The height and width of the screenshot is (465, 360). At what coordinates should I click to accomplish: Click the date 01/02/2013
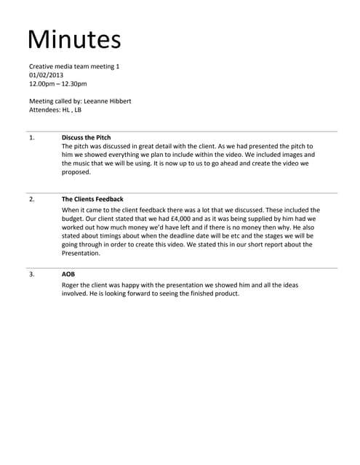pos(47,75)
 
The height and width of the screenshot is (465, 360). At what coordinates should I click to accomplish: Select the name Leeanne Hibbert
pos(108,101)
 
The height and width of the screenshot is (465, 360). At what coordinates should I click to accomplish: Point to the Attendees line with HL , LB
pos(55,110)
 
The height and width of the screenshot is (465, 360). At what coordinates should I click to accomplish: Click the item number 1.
pos(31,137)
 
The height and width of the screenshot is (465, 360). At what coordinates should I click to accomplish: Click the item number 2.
pos(31,199)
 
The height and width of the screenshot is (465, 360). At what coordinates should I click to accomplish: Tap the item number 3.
pos(31,275)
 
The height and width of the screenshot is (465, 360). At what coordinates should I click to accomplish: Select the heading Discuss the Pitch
pos(87,137)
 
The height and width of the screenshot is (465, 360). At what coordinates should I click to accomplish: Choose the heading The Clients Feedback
pos(92,199)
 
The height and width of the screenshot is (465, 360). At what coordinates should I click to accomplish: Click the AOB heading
pos(68,275)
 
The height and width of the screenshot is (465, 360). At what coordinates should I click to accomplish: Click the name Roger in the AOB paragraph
pos(72,285)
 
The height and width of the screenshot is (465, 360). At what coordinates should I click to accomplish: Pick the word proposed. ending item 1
pos(76,172)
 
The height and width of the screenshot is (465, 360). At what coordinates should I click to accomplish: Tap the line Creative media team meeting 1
pos(74,66)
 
